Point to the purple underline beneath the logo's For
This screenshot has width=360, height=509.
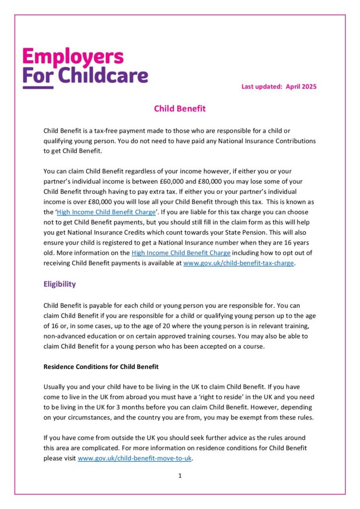[38, 88]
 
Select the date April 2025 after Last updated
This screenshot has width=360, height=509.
[301, 86]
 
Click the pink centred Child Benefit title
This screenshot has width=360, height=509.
[180, 108]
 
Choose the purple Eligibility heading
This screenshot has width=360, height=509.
[60, 284]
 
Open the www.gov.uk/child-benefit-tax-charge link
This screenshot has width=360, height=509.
[239, 263]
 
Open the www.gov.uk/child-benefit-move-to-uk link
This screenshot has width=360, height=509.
[135, 458]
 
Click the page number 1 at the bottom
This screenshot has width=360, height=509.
[180, 476]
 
